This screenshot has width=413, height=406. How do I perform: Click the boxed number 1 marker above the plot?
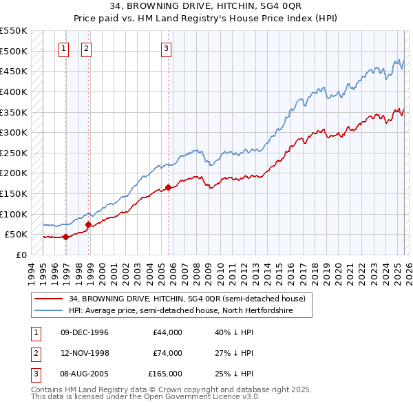tap(64, 48)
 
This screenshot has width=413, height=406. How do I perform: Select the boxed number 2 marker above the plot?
tap(87, 48)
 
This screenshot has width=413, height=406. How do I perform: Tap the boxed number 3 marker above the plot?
tap(167, 48)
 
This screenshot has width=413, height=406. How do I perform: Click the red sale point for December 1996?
tap(65, 237)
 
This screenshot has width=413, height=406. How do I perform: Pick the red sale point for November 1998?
tap(88, 224)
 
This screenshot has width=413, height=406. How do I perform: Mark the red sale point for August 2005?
tap(168, 187)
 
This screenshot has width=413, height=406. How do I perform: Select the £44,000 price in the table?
tap(167, 332)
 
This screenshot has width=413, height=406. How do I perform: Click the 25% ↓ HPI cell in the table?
tap(235, 374)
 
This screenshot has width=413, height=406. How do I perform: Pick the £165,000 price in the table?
tap(165, 374)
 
